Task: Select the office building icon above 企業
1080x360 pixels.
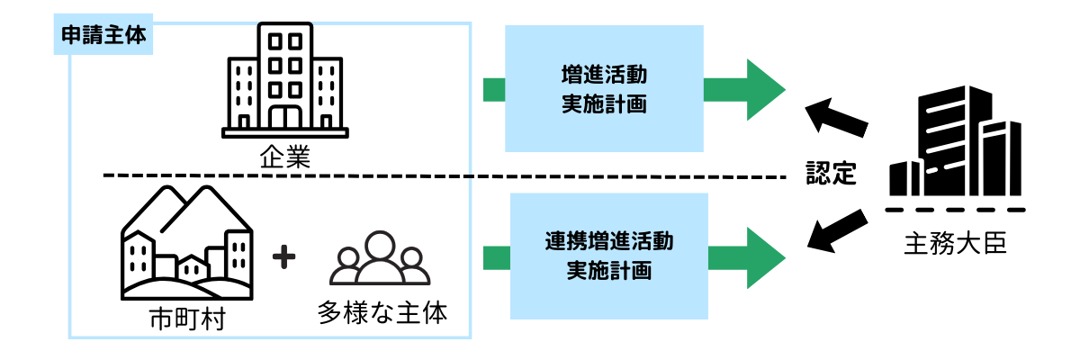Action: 284,79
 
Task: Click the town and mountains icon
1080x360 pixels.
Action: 186,243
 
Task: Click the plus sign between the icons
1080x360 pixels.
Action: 283,257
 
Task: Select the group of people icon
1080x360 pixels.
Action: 382,259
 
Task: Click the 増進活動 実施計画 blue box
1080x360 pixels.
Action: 604,88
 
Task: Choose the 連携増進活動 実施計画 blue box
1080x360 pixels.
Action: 609,256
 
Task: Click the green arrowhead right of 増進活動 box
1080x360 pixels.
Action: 760,88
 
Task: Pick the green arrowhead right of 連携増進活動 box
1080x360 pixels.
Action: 760,257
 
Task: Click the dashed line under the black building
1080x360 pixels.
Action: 954,210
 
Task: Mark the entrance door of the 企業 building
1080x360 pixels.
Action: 284,117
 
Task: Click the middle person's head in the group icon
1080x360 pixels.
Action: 382,246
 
